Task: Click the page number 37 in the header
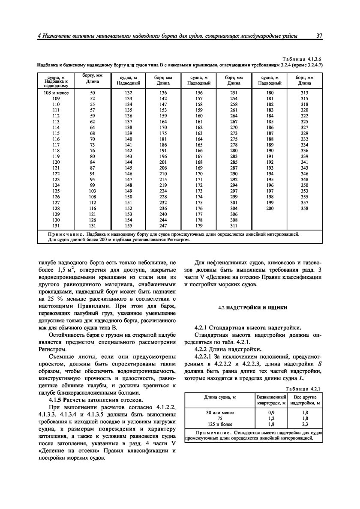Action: click(x=319, y=36)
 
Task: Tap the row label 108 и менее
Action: click(x=52, y=93)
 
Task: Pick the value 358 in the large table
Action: click(x=304, y=208)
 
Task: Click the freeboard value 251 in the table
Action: click(x=234, y=93)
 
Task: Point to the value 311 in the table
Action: click(x=234, y=226)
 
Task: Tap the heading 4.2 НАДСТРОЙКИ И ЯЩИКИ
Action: click(x=253, y=308)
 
